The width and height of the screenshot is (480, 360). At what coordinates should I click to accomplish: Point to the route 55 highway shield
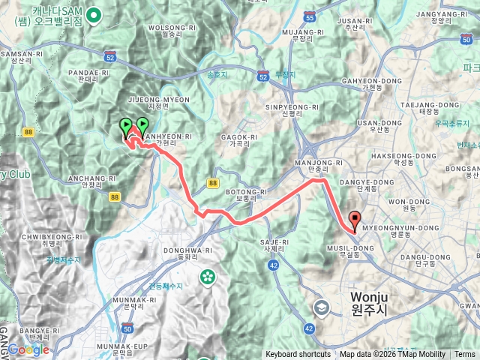click(310, 16)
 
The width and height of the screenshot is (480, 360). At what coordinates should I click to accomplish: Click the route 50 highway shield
click(127, 328)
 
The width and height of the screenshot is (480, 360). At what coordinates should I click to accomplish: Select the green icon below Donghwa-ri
click(206, 277)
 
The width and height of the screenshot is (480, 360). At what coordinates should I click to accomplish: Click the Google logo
click(28, 349)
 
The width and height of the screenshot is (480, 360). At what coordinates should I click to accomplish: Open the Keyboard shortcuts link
click(298, 355)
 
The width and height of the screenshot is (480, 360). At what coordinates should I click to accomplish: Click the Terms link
click(465, 355)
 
